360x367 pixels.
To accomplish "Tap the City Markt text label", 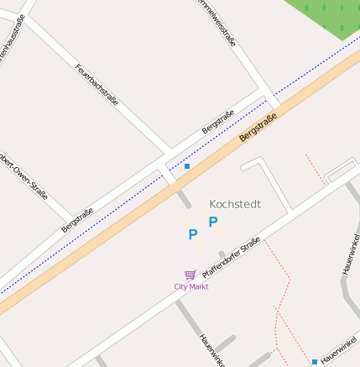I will point(190,286).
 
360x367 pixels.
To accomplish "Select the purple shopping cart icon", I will point(190,275).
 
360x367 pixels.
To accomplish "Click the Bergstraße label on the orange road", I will point(258,127).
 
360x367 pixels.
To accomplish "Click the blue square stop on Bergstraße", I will point(187,166).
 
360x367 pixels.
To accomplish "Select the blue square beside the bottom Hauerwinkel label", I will point(315,362).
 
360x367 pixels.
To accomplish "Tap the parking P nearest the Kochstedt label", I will point(213,222).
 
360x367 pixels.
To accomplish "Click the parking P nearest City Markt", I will point(193,235).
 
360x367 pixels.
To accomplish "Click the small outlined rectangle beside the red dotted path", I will point(341,172).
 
